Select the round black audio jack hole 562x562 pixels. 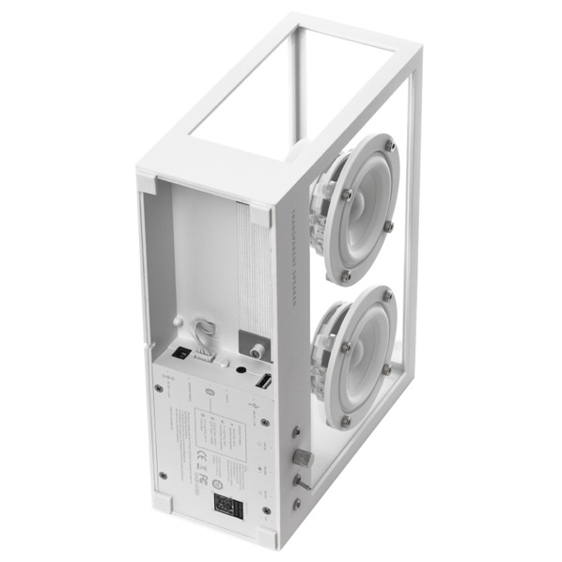pos(242,371)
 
